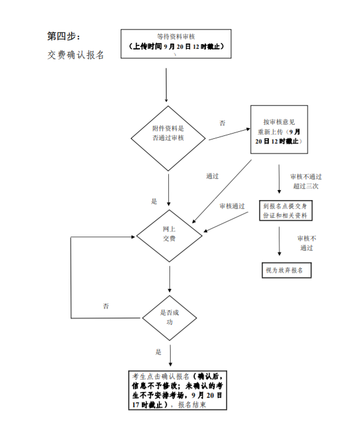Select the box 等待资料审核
coord(176,43)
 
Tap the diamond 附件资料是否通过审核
coord(168,134)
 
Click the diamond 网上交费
coord(169,234)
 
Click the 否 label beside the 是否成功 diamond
coord(106,307)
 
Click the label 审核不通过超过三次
coord(306,181)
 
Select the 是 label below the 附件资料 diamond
coord(154,201)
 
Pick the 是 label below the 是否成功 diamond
coord(158,352)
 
